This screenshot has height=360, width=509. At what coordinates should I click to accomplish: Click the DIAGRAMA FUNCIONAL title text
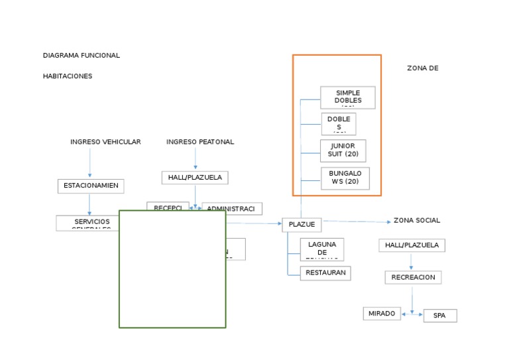(x=81, y=56)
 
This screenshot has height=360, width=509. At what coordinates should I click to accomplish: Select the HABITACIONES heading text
(x=68, y=76)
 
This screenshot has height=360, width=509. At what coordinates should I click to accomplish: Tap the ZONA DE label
(x=422, y=68)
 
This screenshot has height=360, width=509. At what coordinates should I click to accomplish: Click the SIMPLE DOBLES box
(x=348, y=97)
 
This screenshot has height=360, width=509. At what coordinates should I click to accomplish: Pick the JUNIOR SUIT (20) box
(x=343, y=150)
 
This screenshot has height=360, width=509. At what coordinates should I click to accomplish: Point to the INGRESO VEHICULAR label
(x=105, y=142)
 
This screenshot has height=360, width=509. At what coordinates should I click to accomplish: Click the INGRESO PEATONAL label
(x=199, y=142)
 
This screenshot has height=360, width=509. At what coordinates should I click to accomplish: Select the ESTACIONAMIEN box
(x=91, y=186)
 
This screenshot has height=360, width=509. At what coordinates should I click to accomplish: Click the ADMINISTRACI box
(x=231, y=209)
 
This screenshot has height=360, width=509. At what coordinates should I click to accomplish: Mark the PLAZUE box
(x=302, y=225)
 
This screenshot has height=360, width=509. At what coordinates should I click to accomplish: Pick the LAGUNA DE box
(x=322, y=249)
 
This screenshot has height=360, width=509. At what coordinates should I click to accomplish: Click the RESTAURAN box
(x=325, y=272)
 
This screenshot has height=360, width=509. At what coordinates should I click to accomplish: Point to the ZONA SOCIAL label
(x=416, y=220)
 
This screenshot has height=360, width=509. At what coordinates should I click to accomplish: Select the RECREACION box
(x=413, y=277)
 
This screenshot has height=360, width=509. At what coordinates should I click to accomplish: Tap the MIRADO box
(x=382, y=314)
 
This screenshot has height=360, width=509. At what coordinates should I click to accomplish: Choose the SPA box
(x=439, y=316)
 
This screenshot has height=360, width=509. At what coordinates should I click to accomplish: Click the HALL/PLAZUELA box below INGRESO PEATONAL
(x=195, y=178)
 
